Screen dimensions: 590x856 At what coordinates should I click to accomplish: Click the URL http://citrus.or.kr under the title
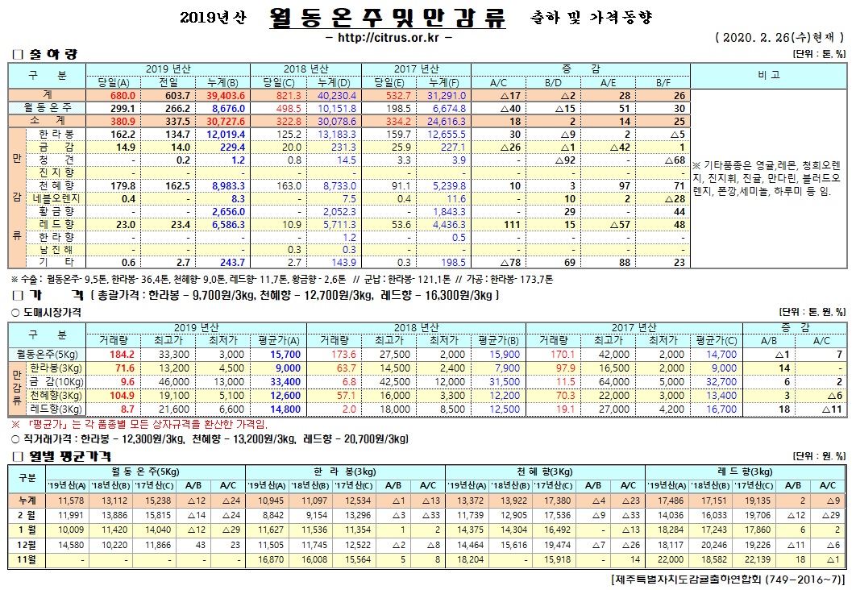pos(387,38)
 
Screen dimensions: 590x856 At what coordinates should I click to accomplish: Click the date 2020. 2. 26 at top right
pos(753,38)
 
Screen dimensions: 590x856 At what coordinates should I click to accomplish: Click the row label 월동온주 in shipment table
pos(48,107)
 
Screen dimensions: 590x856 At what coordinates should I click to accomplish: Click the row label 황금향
pos(56,210)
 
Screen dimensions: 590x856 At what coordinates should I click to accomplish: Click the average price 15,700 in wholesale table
pos(264,354)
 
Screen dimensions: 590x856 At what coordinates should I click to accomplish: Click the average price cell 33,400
pos(264,380)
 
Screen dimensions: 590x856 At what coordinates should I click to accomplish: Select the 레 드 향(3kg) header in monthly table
pos(743,472)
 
